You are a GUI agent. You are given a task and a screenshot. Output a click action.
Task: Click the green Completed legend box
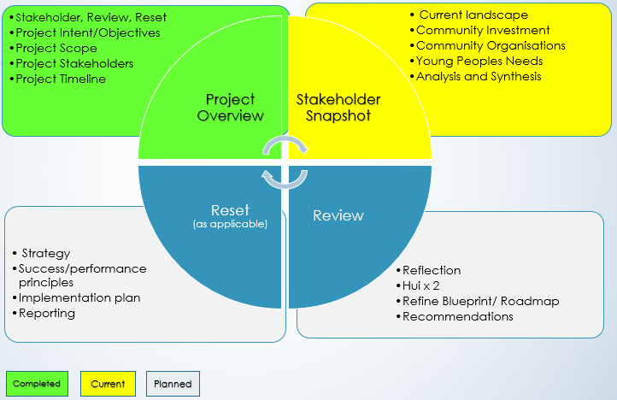click(36, 384)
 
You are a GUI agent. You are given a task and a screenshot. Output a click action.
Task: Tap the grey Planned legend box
click(173, 384)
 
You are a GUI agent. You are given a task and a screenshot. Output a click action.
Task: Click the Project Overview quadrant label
click(231, 107)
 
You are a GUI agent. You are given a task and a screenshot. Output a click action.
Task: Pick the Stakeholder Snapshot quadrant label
click(338, 108)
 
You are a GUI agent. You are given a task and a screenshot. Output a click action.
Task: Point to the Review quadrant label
click(338, 215)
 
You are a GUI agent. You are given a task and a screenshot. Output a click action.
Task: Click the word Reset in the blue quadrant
click(230, 210)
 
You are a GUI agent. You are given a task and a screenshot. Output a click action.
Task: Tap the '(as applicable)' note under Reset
click(230, 224)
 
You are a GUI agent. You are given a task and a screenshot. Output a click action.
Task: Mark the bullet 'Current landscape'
click(473, 15)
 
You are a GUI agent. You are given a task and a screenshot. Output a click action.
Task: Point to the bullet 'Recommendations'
click(457, 316)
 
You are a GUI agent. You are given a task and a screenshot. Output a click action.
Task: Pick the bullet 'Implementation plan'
click(79, 297)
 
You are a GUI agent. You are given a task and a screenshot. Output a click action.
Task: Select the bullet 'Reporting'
click(48, 313)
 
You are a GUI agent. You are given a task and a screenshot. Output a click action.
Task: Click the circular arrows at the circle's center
click(285, 162)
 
